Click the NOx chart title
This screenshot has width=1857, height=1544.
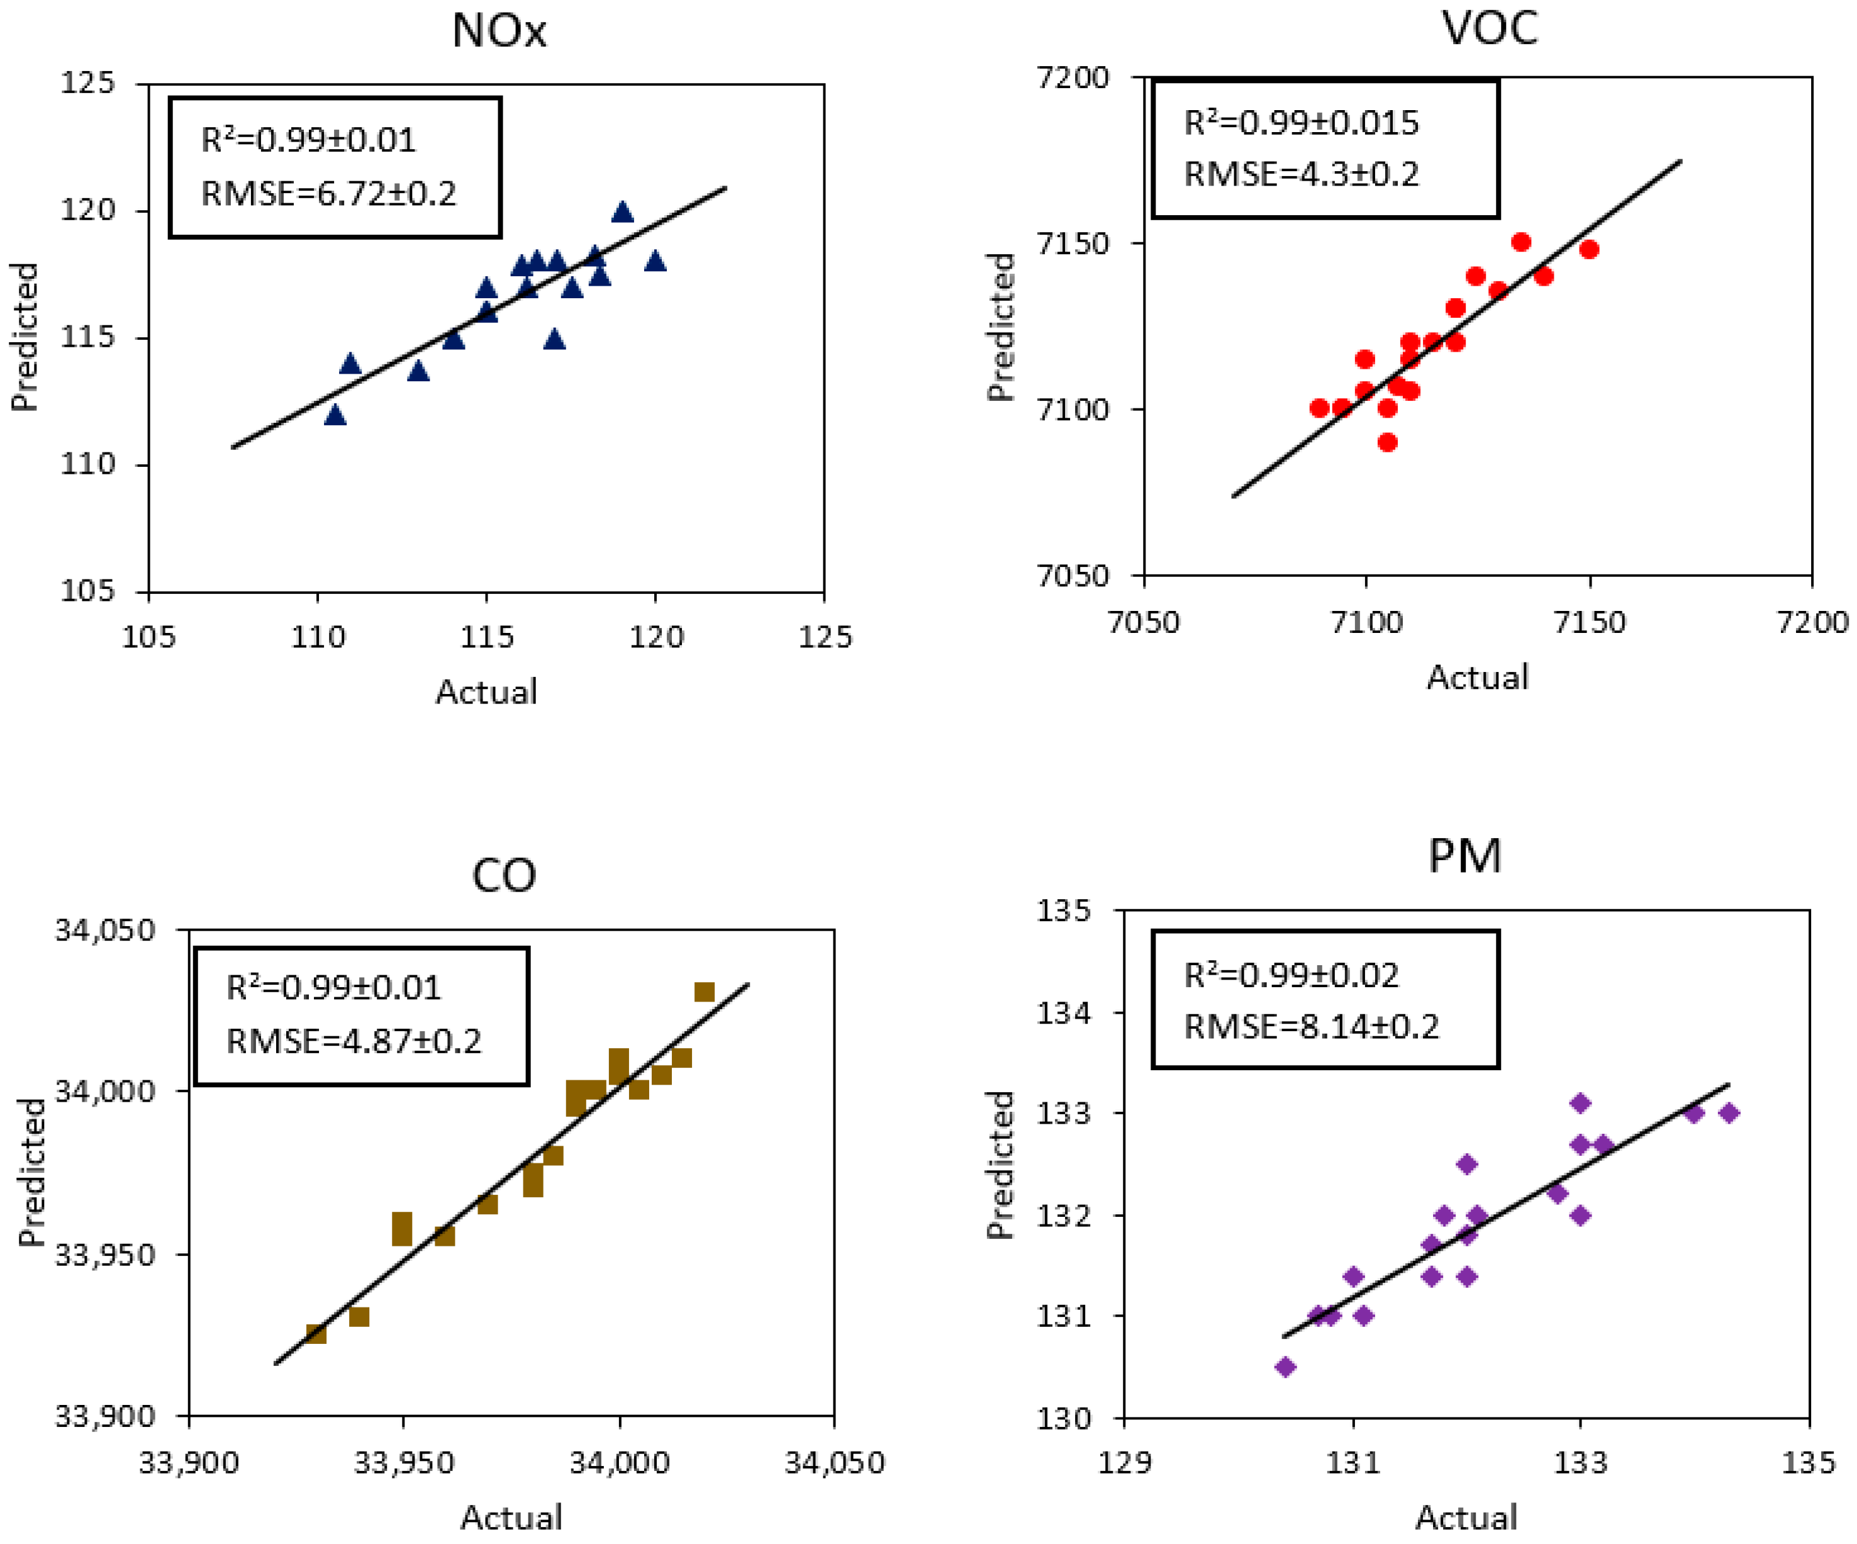pyautogui.click(x=499, y=31)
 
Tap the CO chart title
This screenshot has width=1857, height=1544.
pyautogui.click(x=504, y=875)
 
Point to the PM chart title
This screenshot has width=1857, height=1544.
pyautogui.click(x=1464, y=856)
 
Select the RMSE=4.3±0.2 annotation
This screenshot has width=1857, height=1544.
pyautogui.click(x=1301, y=174)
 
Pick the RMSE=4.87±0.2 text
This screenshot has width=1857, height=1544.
pyautogui.click(x=354, y=1041)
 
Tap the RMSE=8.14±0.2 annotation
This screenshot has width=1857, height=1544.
pyautogui.click(x=1312, y=1027)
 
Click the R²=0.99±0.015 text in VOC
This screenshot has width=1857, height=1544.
pyautogui.click(x=1301, y=122)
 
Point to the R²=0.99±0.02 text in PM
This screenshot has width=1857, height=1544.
pyautogui.click(x=1291, y=975)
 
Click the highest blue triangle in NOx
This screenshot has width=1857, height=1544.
pyautogui.click(x=623, y=212)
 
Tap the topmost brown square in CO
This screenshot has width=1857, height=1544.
pyautogui.click(x=704, y=992)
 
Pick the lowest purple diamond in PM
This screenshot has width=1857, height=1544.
pyautogui.click(x=1285, y=1367)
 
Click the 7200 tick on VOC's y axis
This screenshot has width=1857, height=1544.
pyautogui.click(x=1073, y=78)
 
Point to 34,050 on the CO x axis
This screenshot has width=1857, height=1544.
pyautogui.click(x=835, y=1463)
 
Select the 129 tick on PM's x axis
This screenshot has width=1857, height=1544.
pyautogui.click(x=1125, y=1463)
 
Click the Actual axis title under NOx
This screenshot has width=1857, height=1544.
pyautogui.click(x=486, y=691)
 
